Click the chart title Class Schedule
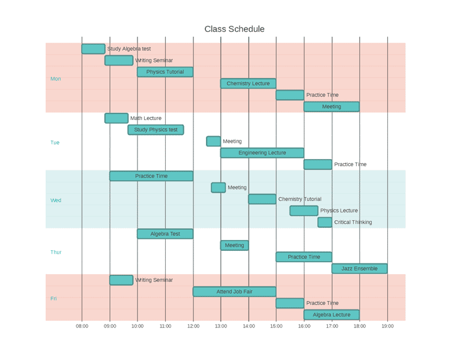(x=234, y=29)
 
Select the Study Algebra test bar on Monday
(x=93, y=49)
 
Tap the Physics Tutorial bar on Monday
(x=165, y=72)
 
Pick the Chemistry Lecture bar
(x=248, y=83)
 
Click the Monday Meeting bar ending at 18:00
(x=331, y=107)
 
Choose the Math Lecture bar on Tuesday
(x=116, y=118)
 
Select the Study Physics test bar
(x=156, y=130)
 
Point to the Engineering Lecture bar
(x=262, y=153)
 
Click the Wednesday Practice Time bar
(x=151, y=176)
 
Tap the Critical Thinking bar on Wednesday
(x=325, y=222)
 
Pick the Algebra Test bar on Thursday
(x=165, y=234)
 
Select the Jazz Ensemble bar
(x=359, y=268)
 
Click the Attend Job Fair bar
(x=234, y=292)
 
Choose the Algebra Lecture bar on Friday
(x=331, y=314)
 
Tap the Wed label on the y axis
(x=56, y=200)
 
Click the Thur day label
(x=56, y=253)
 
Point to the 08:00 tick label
(x=82, y=326)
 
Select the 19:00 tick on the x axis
(x=387, y=326)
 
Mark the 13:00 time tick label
(x=221, y=326)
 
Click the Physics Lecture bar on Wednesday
(x=304, y=211)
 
